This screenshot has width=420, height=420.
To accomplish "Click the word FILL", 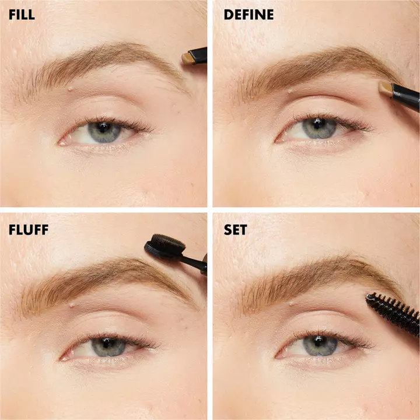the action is (x=22, y=15).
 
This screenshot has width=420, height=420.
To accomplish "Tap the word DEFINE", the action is (x=249, y=15).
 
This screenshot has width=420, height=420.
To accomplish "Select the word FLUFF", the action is (x=29, y=230).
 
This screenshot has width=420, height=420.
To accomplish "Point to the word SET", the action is (x=236, y=230).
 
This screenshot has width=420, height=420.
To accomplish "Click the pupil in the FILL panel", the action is (x=103, y=128).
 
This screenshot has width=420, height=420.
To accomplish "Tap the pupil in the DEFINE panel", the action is (x=318, y=124).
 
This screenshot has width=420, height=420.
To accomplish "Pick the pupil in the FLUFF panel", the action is (x=107, y=344).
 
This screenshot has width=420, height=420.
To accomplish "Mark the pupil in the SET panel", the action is (x=318, y=341).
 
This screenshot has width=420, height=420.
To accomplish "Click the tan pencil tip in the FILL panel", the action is (x=188, y=58).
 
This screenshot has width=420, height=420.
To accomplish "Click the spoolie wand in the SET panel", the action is (x=393, y=313).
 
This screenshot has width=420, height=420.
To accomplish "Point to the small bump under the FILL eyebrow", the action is (x=71, y=89).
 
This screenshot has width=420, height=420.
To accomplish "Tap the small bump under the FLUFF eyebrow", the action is (x=72, y=304).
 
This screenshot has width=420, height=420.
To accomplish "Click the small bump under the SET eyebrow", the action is (x=291, y=303).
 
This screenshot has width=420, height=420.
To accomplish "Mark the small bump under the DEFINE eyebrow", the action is (x=290, y=91).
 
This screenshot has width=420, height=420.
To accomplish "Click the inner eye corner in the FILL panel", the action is (x=62, y=143).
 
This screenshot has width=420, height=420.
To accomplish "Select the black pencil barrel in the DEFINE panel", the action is (x=405, y=96).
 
